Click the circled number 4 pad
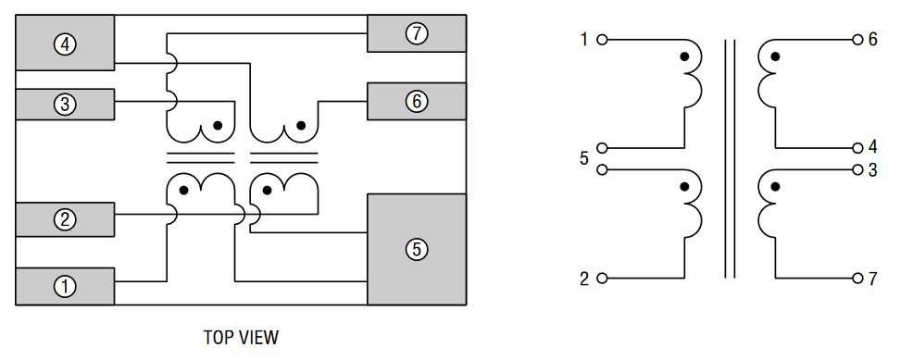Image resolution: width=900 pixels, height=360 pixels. pyautogui.click(x=64, y=43)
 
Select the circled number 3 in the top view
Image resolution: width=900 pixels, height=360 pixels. pyautogui.click(x=64, y=105)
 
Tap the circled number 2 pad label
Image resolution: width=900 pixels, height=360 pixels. pyautogui.click(x=64, y=220)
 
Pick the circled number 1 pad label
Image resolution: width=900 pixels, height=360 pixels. pyautogui.click(x=64, y=287)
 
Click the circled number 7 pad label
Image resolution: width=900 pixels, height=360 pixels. pyautogui.click(x=417, y=34)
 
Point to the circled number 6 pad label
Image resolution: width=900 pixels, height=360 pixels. pyautogui.click(x=417, y=102)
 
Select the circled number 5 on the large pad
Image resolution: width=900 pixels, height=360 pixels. pyautogui.click(x=417, y=249)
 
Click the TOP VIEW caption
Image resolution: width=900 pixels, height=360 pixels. pyautogui.click(x=240, y=338)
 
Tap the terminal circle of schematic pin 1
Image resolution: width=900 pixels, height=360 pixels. pyautogui.click(x=603, y=41)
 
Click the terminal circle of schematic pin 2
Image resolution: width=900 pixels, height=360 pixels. pyautogui.click(x=603, y=278)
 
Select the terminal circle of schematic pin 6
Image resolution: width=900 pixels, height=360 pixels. pyautogui.click(x=857, y=41)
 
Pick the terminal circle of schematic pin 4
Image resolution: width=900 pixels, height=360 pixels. pyautogui.click(x=857, y=148)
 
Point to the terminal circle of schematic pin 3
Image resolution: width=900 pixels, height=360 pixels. pyautogui.click(x=857, y=170)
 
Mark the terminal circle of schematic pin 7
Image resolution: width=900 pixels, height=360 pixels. pyautogui.click(x=857, y=278)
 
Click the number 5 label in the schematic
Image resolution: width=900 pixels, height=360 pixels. pyautogui.click(x=584, y=159)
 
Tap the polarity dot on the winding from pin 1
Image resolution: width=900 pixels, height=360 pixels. pyautogui.click(x=684, y=57)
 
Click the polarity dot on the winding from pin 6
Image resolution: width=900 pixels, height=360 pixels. pyautogui.click(x=775, y=57)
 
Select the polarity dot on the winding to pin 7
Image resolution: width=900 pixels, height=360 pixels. pyautogui.click(x=775, y=187)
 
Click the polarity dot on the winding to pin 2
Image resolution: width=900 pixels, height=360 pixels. pyautogui.click(x=684, y=187)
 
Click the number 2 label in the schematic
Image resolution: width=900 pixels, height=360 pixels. pyautogui.click(x=584, y=279)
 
